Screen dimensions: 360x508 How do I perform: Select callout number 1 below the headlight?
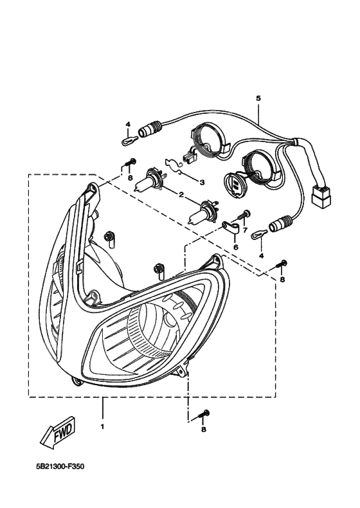102,427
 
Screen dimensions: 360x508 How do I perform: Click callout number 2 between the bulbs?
181,195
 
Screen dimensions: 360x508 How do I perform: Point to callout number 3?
202,183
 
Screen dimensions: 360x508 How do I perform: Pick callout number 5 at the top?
258,98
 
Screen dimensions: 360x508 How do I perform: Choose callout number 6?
235,247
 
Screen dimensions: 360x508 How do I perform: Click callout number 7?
245,230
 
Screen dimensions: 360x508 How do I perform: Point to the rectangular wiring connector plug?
321,195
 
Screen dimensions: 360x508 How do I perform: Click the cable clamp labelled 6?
230,227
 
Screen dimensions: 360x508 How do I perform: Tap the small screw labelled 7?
245,215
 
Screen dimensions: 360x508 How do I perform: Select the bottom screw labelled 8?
203,415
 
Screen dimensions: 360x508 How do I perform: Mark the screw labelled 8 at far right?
282,264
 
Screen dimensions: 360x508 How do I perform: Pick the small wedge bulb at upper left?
130,141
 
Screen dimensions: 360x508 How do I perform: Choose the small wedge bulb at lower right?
260,234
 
